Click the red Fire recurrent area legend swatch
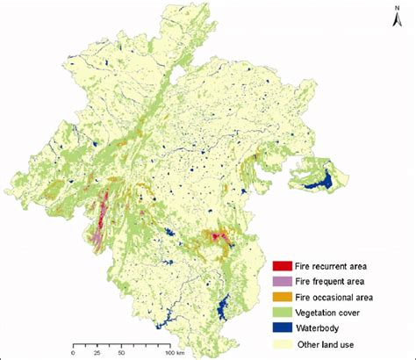(283, 264)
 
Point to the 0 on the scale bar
(72, 354)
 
